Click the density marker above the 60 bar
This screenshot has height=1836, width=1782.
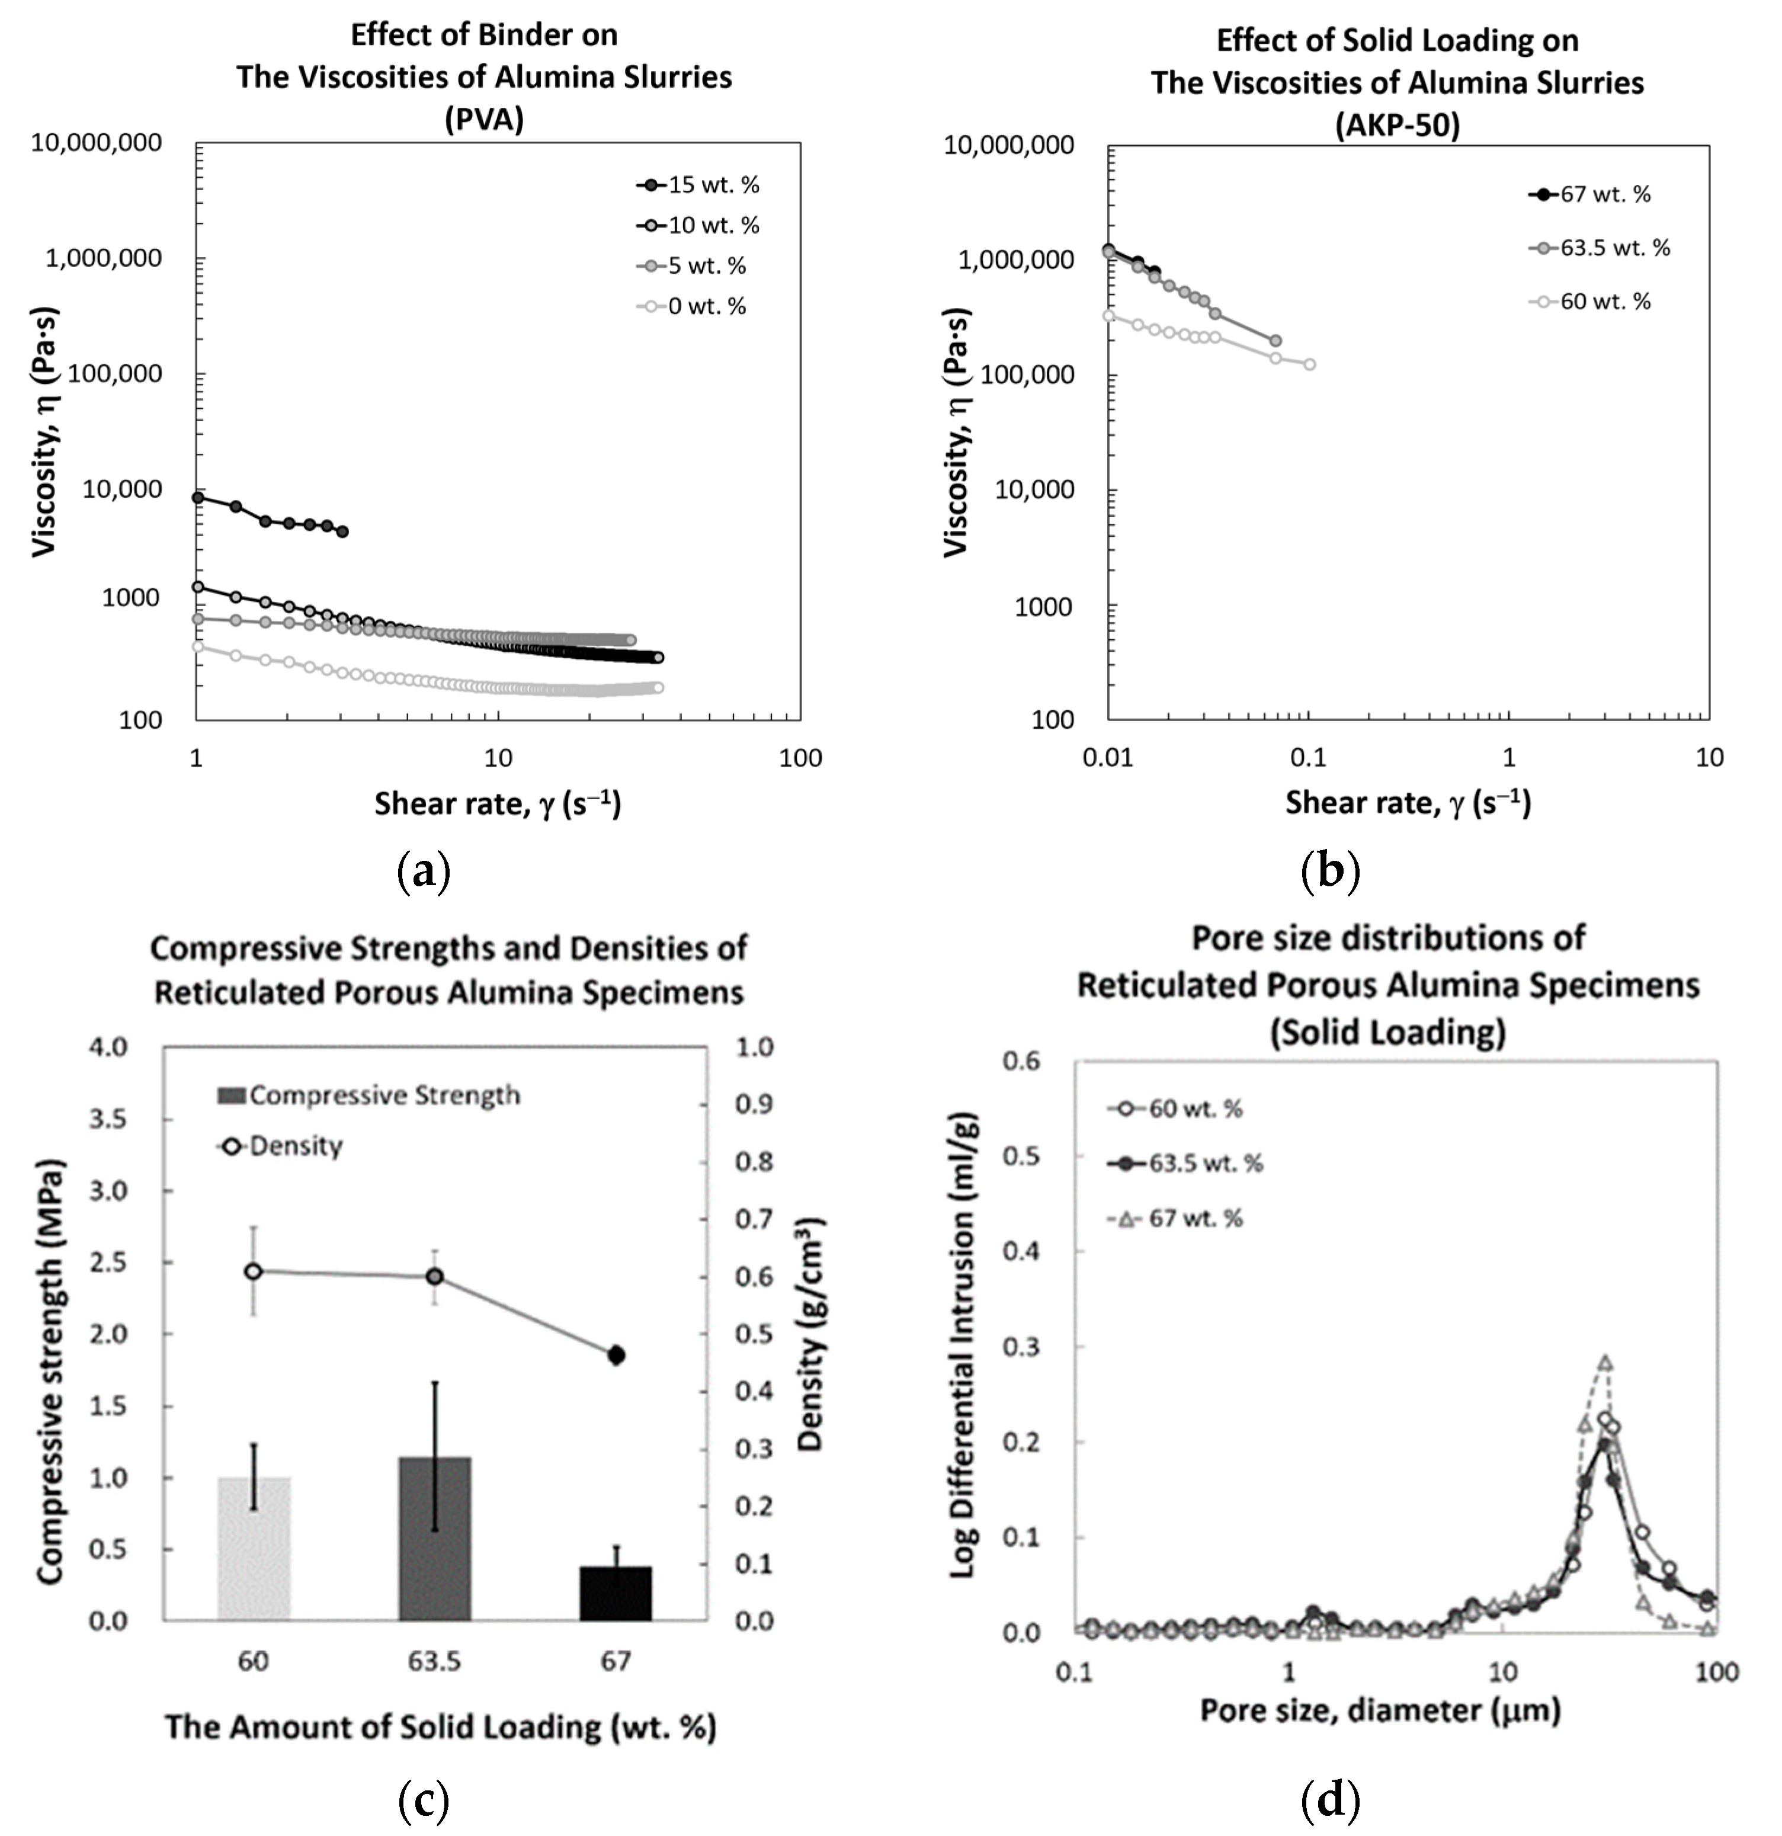click(x=253, y=1271)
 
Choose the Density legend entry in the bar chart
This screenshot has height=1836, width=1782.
click(x=280, y=1146)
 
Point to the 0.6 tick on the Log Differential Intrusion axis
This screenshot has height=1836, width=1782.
click(x=1021, y=1060)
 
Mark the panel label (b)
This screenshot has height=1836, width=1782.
click(x=1331, y=870)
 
